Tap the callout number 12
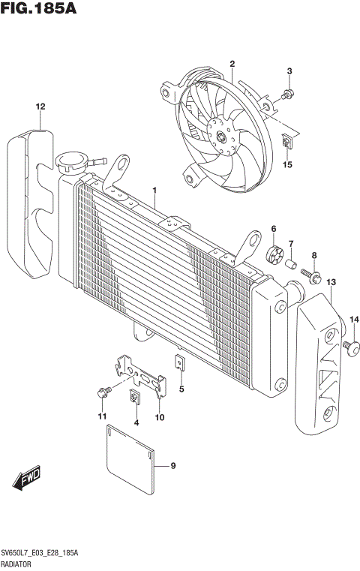click(39, 107)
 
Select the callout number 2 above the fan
click(232, 64)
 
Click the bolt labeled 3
click(288, 95)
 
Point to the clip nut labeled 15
click(287, 140)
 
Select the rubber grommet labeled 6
click(274, 251)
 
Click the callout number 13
click(331, 281)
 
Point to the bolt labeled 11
click(102, 392)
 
